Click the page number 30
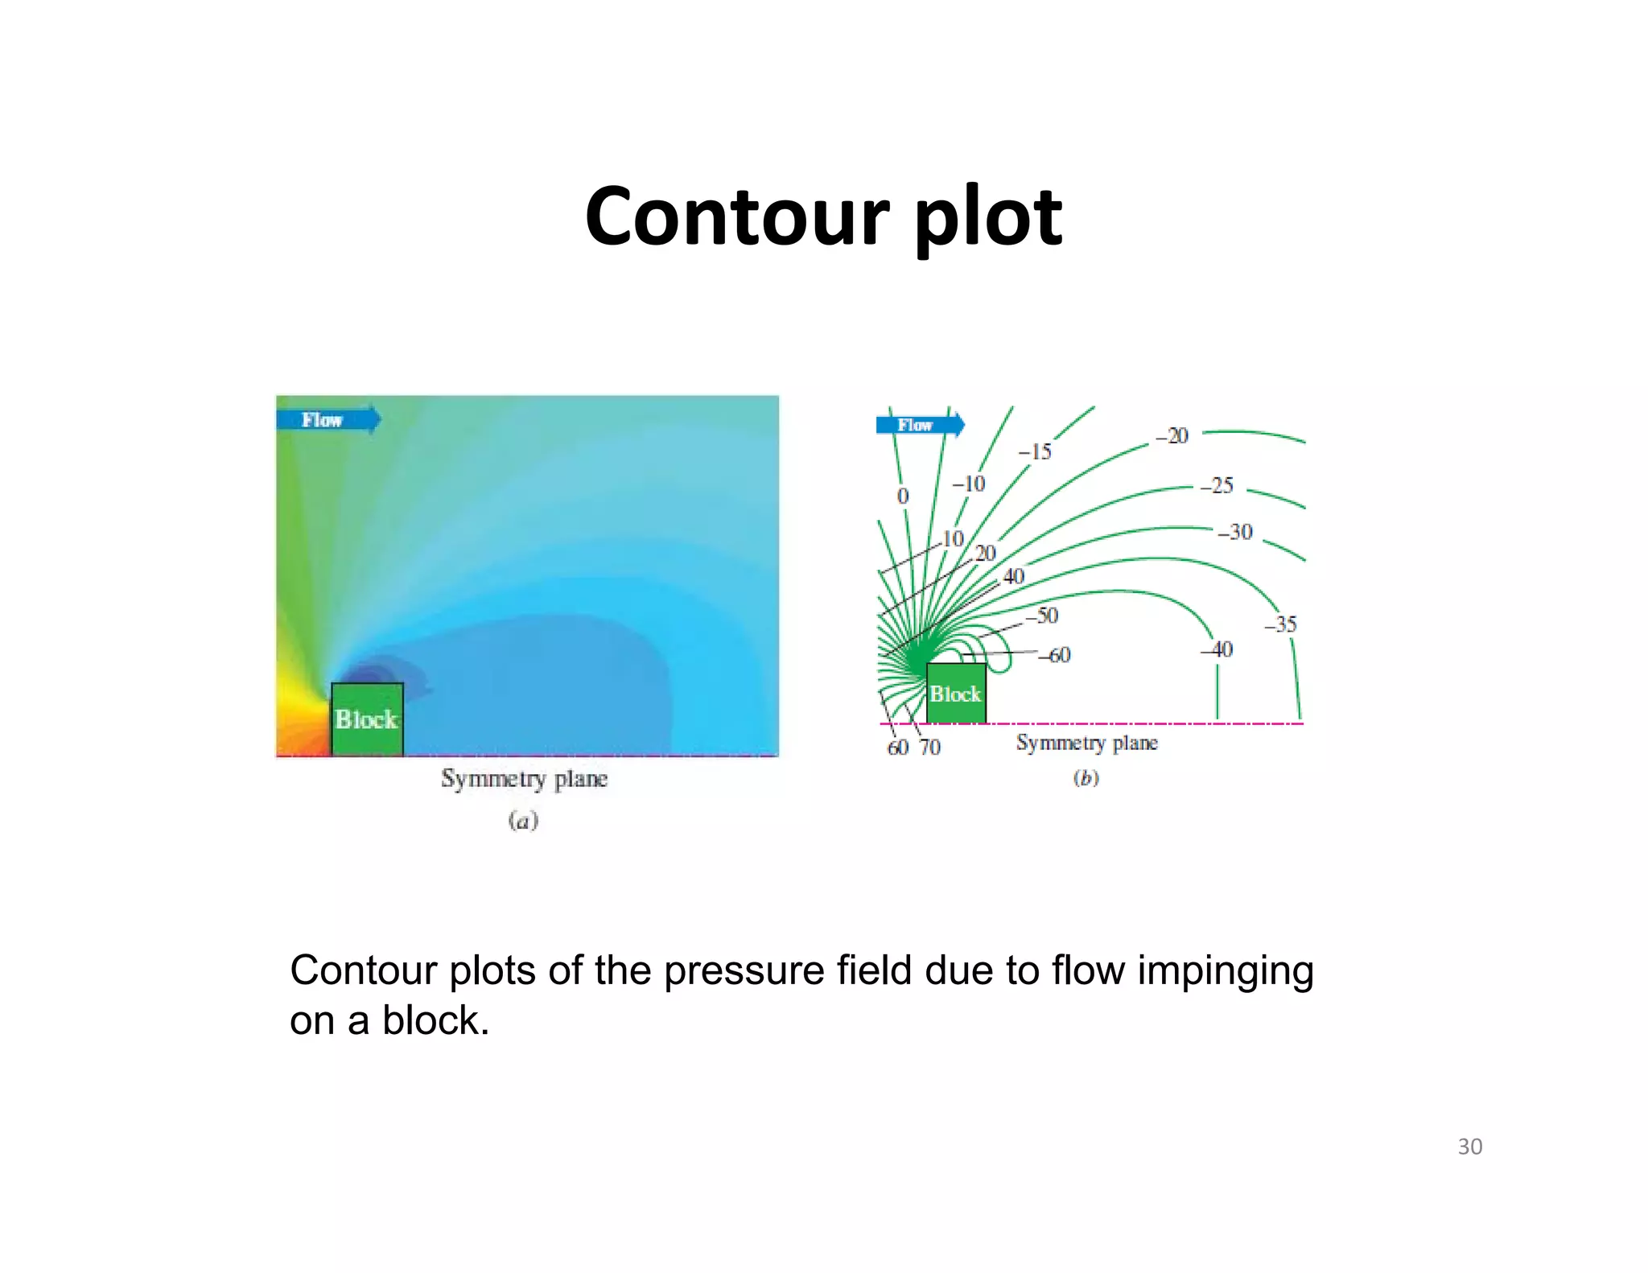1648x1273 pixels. (x=1469, y=1147)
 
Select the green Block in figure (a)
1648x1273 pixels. (x=367, y=719)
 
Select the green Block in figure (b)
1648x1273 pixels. (x=956, y=694)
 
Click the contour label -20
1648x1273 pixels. (x=1172, y=436)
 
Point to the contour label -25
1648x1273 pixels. (x=1217, y=485)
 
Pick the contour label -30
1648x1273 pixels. (x=1235, y=532)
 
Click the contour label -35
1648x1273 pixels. (x=1280, y=624)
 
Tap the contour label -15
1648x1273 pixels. (x=1036, y=452)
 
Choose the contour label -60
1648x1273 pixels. (x=1054, y=655)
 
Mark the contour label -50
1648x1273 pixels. (x=1042, y=616)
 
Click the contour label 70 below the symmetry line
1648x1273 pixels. (x=930, y=748)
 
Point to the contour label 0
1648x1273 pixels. (x=903, y=496)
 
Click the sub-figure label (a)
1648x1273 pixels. (x=523, y=821)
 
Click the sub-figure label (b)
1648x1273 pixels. (x=1086, y=778)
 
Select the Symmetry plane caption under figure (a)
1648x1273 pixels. (x=524, y=779)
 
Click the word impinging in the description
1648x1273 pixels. (x=1225, y=971)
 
